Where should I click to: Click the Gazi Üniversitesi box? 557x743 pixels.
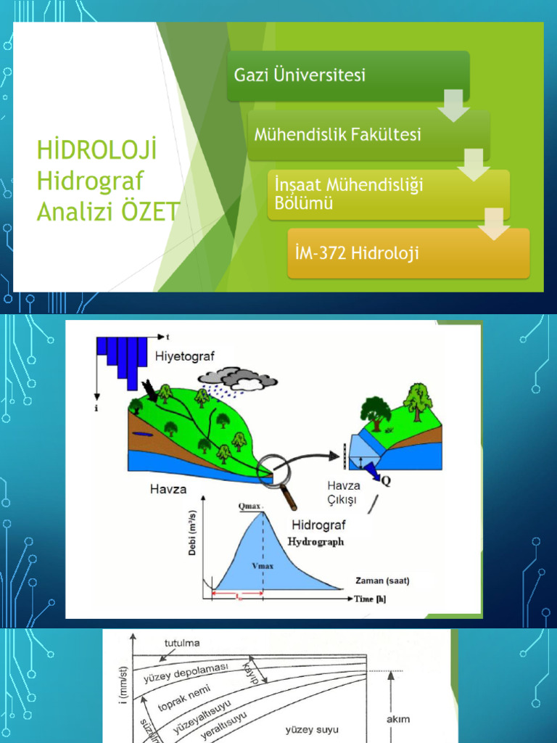348,75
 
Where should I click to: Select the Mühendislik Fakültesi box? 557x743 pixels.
368,135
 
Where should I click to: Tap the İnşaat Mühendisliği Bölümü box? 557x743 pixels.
388,194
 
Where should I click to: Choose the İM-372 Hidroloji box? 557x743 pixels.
408,253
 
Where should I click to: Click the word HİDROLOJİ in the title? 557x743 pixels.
97,153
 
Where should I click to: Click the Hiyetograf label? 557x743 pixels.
185,356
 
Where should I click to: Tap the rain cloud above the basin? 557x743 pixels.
239,379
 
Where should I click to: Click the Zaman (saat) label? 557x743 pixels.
382,580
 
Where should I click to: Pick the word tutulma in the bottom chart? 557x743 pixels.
182,643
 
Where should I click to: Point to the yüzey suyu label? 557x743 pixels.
312,729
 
